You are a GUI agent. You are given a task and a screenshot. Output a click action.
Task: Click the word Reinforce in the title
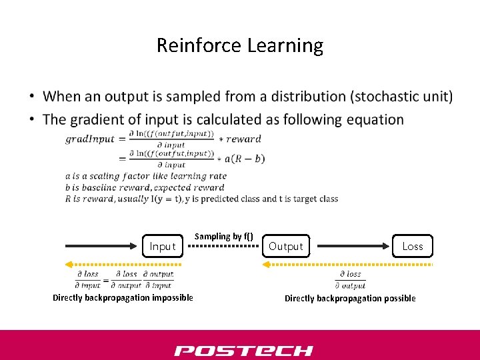click(199, 45)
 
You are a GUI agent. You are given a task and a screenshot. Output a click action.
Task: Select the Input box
click(162, 247)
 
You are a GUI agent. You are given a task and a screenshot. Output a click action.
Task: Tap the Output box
click(285, 247)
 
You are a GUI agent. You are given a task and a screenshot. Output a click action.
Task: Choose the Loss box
click(413, 246)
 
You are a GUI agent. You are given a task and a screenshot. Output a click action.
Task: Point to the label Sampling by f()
click(223, 236)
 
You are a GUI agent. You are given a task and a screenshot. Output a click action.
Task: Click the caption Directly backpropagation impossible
click(123, 297)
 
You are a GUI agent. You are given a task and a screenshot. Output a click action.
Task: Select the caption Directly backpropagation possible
click(350, 298)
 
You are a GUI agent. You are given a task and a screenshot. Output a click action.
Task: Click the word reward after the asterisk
click(244, 139)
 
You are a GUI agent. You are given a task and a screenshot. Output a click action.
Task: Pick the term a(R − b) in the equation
click(245, 159)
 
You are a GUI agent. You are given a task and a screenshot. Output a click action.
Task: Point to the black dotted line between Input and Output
click(224, 246)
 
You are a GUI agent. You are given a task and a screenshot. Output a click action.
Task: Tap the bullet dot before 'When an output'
click(32, 97)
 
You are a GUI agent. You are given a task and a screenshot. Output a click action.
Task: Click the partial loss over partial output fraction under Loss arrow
click(351, 279)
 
